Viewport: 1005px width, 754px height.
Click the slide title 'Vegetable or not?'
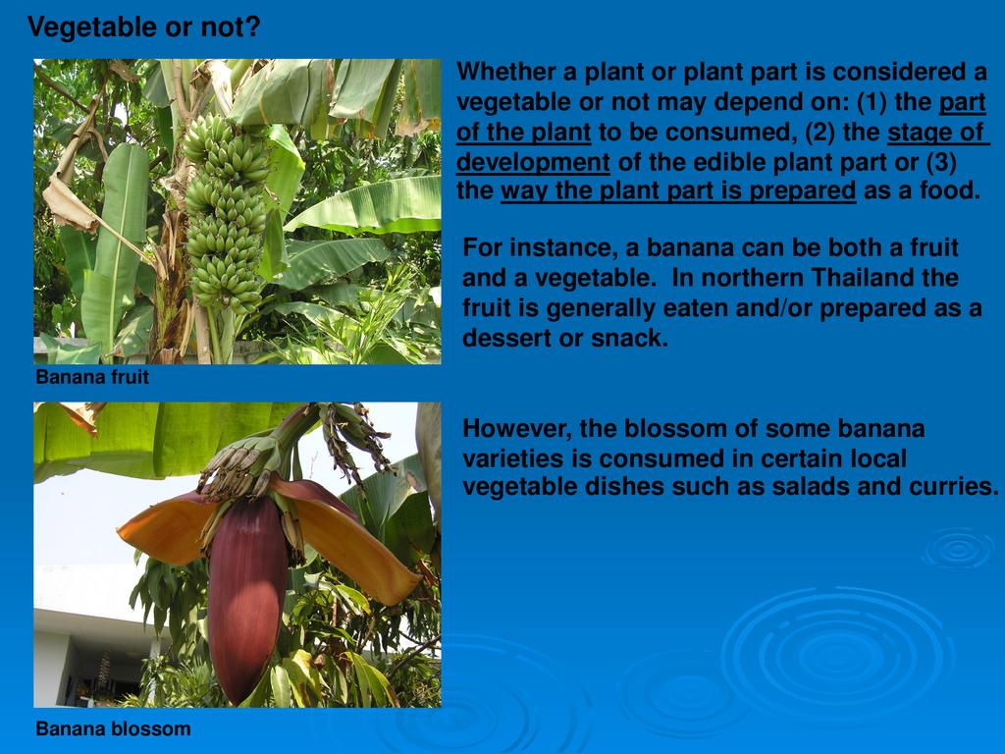coord(144,27)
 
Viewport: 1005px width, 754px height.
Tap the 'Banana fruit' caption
coord(92,376)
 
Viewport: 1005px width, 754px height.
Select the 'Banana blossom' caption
coord(114,729)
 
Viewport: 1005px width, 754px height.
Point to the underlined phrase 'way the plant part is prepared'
coord(678,191)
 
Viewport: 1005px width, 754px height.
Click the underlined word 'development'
coord(533,163)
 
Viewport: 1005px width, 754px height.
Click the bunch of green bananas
coord(226,215)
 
